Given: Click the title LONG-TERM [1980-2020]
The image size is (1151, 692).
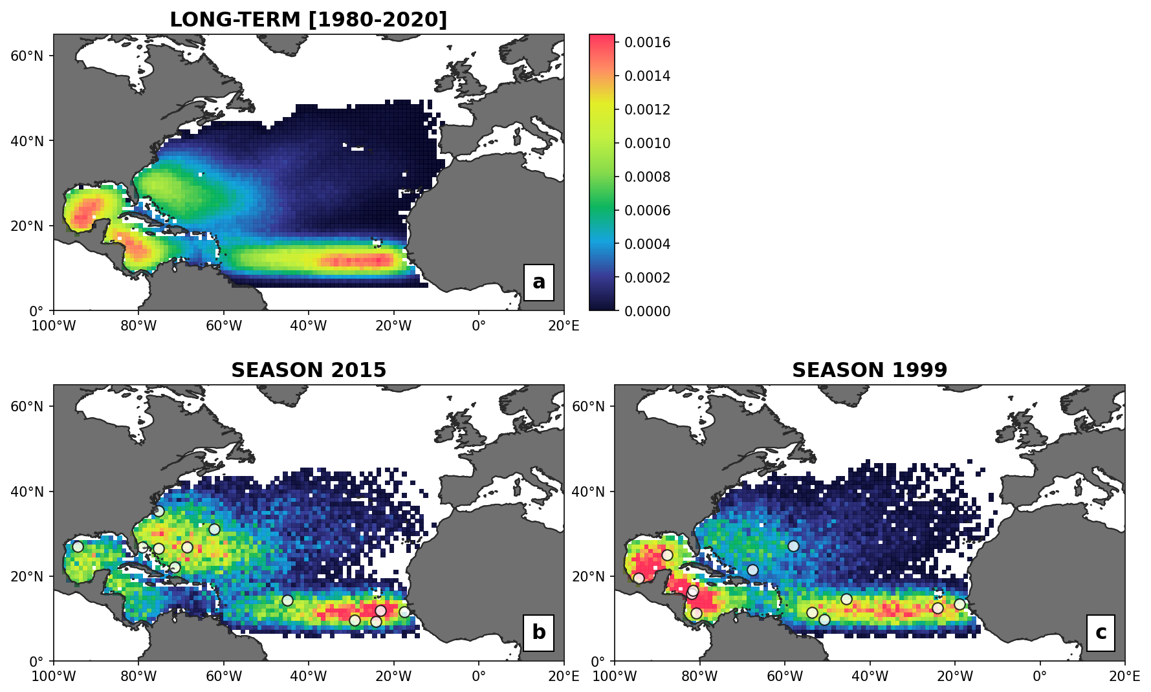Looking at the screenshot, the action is coord(308,19).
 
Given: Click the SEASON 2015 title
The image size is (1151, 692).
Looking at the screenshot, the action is coord(309,370).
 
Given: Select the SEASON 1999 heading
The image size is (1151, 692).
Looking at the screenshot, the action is coord(870,370).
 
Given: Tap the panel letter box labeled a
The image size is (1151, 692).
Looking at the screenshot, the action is coord(539,282).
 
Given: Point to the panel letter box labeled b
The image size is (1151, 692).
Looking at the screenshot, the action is coord(539,633).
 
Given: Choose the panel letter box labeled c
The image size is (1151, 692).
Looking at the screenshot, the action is coord(1101,633).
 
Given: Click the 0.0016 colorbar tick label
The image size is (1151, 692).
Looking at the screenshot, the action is coord(647,42).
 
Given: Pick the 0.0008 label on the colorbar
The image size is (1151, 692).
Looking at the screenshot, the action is coord(647,177).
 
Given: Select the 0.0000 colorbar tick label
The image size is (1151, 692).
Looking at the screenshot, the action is coord(647,311).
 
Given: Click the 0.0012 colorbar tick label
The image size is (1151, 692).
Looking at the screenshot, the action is coord(647,109).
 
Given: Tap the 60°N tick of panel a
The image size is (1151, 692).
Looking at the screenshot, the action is coord(27,56).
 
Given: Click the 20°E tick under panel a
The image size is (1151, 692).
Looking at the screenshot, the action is coord(564,325).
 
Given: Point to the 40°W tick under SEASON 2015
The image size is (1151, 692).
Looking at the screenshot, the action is coord(309,676).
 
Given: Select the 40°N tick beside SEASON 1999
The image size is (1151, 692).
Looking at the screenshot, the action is coord(588,492).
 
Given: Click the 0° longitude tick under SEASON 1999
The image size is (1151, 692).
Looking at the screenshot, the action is coord(1040,676).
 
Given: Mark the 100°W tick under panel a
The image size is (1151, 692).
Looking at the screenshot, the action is coord(53,325).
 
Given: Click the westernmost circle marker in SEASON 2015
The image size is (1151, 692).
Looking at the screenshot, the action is coord(78,546).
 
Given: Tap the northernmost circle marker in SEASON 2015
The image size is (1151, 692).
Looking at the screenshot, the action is coord(159,511).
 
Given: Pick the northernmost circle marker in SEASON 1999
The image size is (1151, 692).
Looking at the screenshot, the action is coord(793,546).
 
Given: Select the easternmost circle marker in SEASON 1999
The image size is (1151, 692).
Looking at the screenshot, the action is coord(959,604).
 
